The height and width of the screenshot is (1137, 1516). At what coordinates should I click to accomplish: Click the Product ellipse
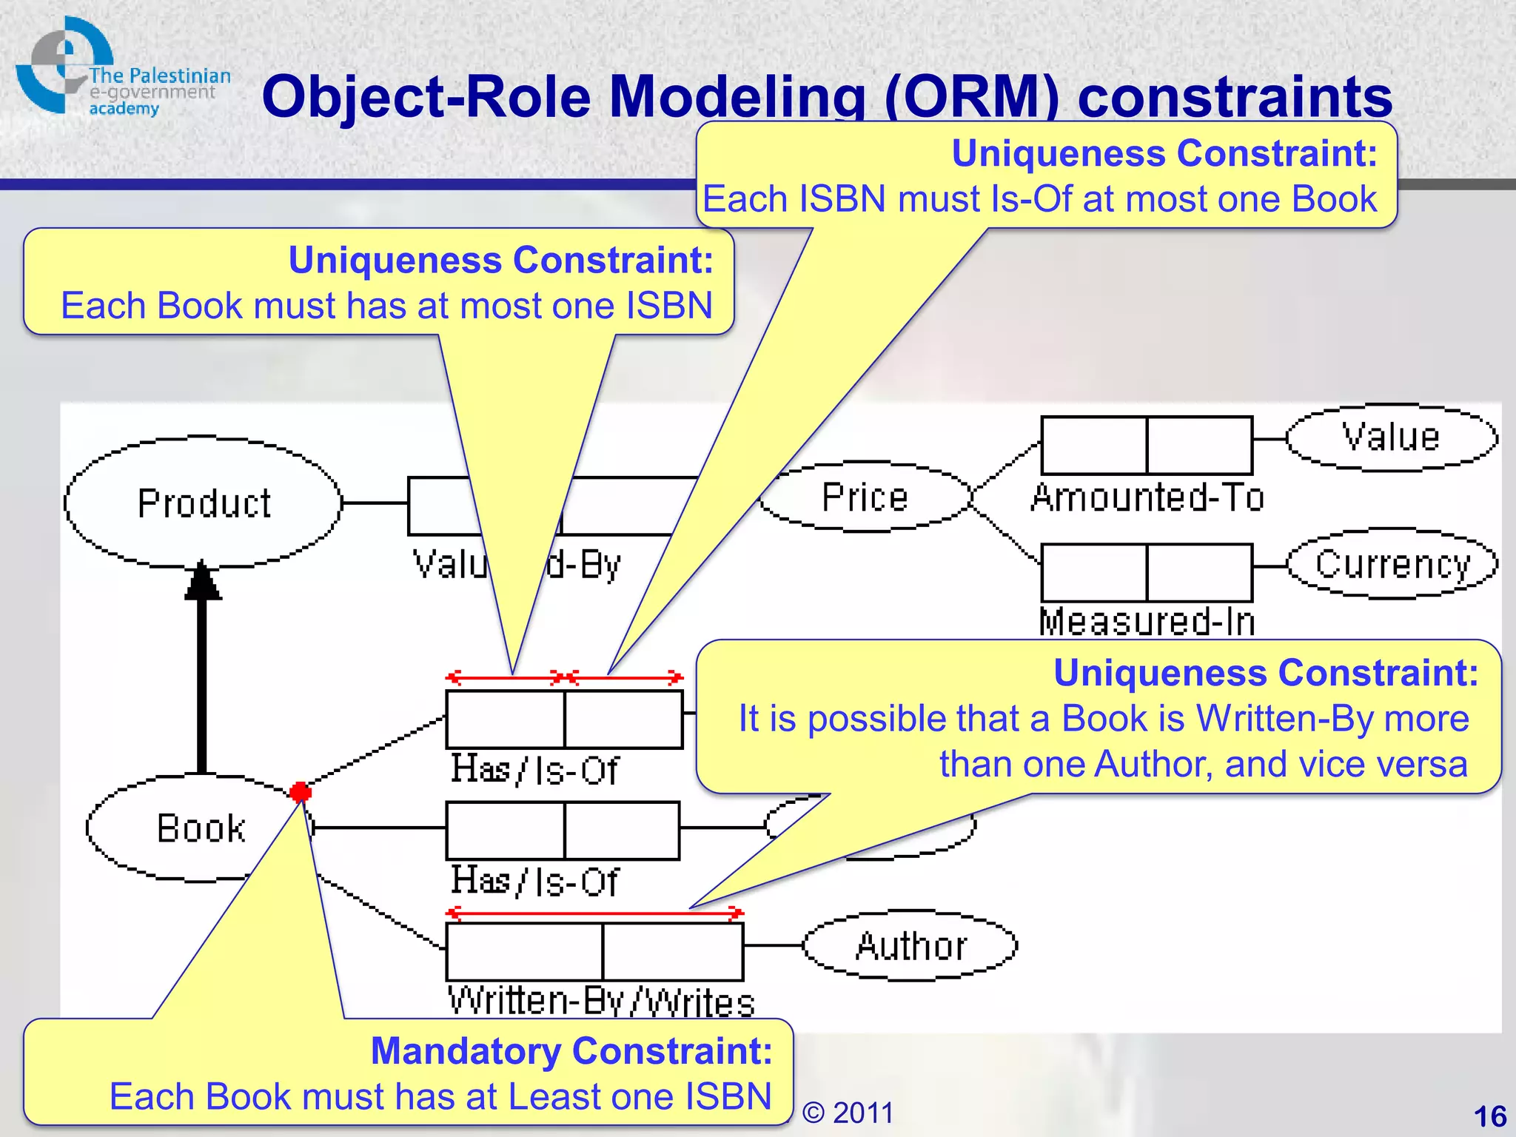point(203,503)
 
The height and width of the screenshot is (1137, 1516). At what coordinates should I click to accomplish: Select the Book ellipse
point(200,828)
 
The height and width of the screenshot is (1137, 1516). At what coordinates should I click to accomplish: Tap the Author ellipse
point(910,945)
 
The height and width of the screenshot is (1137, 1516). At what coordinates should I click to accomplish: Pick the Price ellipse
point(865,497)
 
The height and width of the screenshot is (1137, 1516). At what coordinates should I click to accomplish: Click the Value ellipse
point(1391,437)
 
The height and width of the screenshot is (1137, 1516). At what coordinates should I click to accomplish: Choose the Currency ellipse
point(1392,564)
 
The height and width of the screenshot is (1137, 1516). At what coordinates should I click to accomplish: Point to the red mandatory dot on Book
point(301,792)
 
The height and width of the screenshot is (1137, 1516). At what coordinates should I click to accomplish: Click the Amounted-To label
point(1147,497)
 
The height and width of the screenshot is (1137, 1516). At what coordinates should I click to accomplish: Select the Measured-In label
point(1147,621)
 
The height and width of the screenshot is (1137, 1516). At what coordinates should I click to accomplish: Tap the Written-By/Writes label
point(601,1002)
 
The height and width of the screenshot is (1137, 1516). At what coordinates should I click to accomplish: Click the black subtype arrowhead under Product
point(202,580)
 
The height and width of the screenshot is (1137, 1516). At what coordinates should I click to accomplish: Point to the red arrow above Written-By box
point(594,913)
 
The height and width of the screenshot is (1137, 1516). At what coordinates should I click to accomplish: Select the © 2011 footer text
point(848,1113)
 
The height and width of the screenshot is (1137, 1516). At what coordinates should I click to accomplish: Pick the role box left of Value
point(1199,446)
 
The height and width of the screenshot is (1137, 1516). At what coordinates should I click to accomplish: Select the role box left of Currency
point(1199,573)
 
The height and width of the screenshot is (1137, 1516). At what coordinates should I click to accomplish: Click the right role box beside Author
point(672,952)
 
